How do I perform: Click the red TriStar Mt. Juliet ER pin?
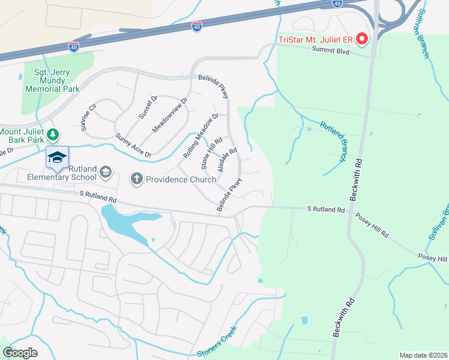click(x=362, y=40)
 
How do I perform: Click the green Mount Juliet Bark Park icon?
click(x=53, y=134)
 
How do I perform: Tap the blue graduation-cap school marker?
click(x=57, y=158)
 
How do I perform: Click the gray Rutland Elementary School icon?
click(x=106, y=173)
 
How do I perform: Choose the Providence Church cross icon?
click(x=136, y=179)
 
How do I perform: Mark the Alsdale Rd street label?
click(x=228, y=160)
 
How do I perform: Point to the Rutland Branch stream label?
click(x=333, y=142)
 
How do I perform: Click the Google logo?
click(x=20, y=353)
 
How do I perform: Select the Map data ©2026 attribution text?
click(x=423, y=355)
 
